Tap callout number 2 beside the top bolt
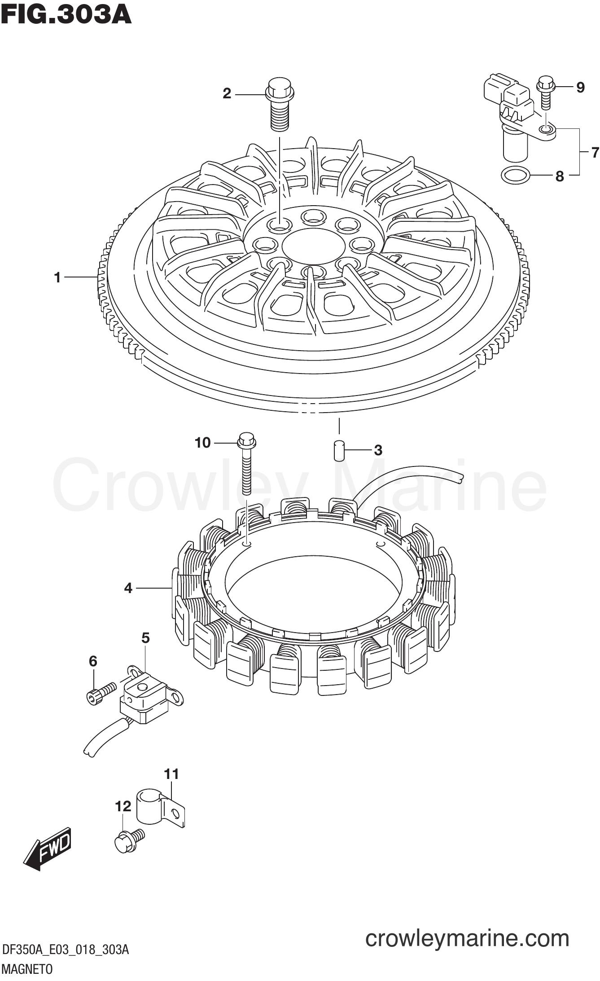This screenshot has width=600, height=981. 227,93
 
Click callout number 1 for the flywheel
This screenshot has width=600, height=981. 57,277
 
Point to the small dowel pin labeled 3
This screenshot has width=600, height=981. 339,451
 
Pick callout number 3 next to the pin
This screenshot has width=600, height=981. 378,450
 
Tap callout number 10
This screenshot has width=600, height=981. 203,443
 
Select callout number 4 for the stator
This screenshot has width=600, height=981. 128,588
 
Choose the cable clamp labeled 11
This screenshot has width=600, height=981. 160,810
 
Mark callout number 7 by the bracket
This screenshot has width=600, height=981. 595,153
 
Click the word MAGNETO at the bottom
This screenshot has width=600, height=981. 27,969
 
